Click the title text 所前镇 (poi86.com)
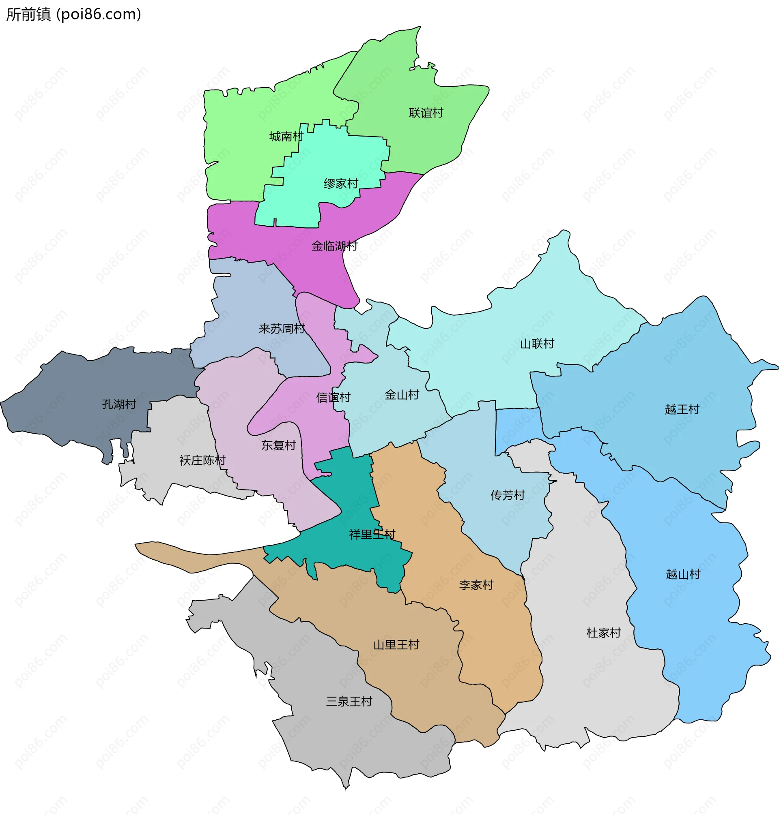[73, 15]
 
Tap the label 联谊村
[426, 113]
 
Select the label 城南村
[286, 137]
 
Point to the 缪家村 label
[341, 184]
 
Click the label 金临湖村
[334, 246]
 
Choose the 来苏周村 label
[282, 329]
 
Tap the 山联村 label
[537, 344]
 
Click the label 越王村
[682, 409]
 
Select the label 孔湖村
[119, 404]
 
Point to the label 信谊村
[333, 397]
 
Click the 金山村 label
[402, 394]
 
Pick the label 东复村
[278, 445]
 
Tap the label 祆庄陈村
[202, 460]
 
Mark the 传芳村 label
[508, 495]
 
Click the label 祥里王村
[372, 534]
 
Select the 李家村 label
[476, 585]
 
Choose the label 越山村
[683, 574]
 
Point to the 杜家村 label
[603, 633]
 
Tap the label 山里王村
[396, 644]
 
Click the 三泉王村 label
[349, 702]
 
